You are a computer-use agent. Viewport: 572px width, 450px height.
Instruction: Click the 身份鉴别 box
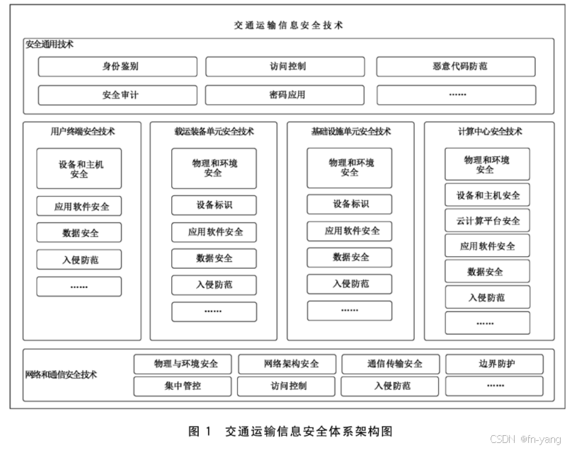120,67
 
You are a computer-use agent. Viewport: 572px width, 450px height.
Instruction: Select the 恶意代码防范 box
459,67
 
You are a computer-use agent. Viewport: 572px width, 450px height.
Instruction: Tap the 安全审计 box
120,95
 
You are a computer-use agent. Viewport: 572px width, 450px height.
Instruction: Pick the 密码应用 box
287,95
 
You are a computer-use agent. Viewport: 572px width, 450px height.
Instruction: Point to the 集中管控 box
183,386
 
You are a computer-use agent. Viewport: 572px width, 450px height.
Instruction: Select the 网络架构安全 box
287,364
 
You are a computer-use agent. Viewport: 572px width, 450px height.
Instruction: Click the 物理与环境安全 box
183,364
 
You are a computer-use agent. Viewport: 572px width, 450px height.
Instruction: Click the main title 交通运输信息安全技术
288,25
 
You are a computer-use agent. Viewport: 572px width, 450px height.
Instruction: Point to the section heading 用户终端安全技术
82,132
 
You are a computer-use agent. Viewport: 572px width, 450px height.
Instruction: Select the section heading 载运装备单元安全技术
214,132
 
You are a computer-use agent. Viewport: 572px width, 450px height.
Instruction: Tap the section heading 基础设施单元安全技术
350,132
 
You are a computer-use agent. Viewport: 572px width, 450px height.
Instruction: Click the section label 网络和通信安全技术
61,375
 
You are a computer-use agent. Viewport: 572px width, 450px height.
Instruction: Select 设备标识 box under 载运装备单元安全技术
214,206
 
